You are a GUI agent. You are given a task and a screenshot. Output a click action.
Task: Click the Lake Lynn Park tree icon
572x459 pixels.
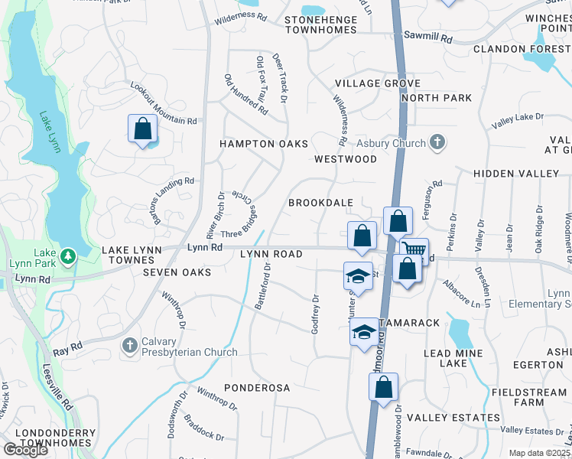(x=68, y=255)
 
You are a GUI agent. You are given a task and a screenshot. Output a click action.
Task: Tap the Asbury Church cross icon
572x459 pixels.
(x=437, y=142)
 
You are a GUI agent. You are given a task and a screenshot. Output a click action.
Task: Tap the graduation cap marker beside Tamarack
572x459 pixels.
(x=364, y=331)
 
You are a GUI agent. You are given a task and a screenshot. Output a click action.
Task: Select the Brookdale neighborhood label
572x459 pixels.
(x=320, y=203)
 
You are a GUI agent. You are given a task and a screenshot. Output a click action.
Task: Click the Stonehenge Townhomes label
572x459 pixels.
(x=320, y=24)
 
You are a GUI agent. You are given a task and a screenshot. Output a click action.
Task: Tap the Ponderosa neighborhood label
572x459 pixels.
(x=257, y=388)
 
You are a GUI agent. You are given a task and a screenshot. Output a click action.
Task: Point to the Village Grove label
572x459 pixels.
(x=378, y=83)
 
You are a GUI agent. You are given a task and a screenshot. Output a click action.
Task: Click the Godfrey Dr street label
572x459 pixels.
(x=314, y=314)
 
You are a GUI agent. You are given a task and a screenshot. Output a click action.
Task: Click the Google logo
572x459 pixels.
(x=26, y=449)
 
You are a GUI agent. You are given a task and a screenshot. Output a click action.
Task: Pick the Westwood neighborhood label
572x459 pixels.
(x=346, y=159)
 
